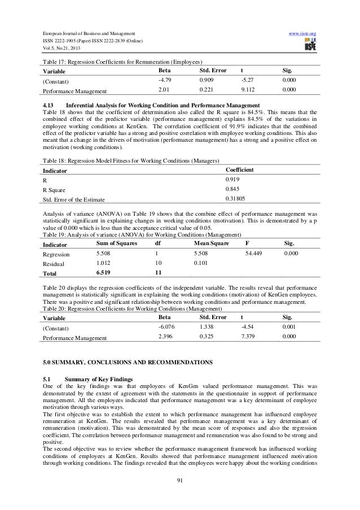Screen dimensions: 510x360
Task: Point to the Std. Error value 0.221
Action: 207,89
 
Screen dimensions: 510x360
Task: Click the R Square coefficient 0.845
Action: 232,188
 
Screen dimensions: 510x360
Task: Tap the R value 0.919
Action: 232,179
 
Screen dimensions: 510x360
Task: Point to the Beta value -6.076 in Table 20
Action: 167,327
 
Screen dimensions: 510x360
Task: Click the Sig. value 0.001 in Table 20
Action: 289,327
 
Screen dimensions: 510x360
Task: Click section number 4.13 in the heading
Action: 49,106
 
